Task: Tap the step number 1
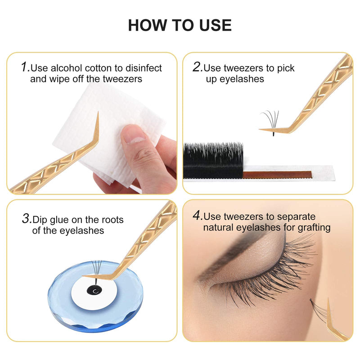[25, 67]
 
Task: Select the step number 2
[197, 67]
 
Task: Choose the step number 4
[197, 216]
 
